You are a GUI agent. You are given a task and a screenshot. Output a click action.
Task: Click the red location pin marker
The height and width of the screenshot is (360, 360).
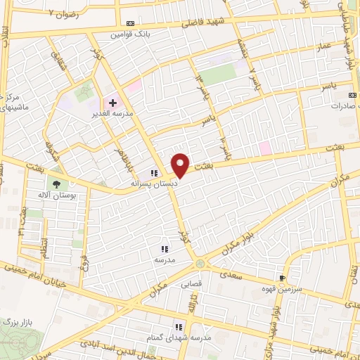click(x=181, y=165)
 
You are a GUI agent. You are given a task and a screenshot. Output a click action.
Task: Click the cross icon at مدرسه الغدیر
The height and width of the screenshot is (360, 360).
click(x=112, y=103)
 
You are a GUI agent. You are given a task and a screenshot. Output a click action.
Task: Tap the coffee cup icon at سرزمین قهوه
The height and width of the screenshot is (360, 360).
click(x=283, y=278)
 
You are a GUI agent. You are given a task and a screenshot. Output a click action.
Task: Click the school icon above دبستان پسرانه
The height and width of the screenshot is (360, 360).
click(x=153, y=174)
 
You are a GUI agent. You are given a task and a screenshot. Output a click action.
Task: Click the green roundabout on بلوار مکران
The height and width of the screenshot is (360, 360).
click(x=201, y=264)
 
